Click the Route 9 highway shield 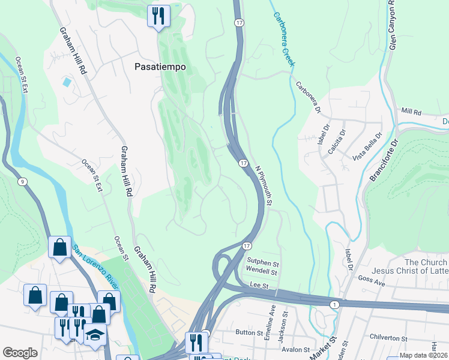pos(22,182)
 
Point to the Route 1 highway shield pos(334,305)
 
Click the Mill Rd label pos(412,112)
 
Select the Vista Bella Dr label pos(368,146)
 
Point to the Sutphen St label pos(264,263)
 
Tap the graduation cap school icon pos(95,335)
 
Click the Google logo pos(20,353)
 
